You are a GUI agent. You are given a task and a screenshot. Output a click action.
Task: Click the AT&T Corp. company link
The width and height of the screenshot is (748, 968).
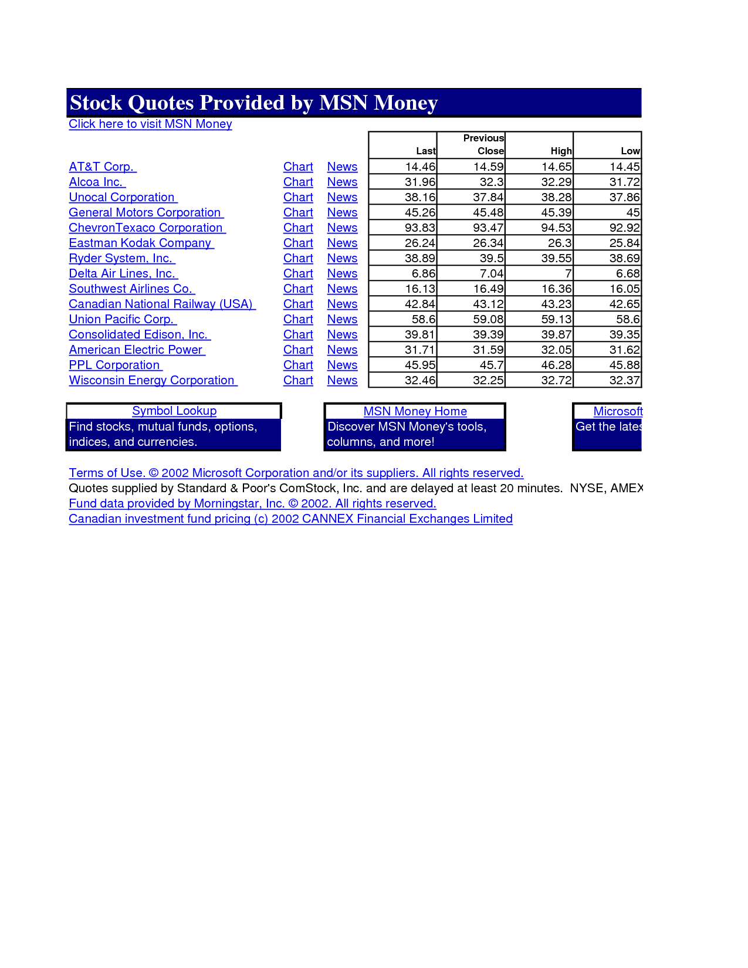[101, 167]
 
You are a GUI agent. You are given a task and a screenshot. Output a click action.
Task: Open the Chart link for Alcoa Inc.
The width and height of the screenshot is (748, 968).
[298, 182]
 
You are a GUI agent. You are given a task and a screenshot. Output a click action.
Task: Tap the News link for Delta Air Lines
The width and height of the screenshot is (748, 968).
[342, 274]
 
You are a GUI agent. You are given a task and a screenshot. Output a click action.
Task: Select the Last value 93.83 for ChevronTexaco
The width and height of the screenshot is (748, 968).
[419, 228]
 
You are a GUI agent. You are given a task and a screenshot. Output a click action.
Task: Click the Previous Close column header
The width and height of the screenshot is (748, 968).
[483, 144]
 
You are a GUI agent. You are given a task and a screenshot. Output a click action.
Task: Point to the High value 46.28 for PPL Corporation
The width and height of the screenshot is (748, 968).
[556, 365]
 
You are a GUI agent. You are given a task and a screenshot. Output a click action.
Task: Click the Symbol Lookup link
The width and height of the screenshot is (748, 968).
[174, 411]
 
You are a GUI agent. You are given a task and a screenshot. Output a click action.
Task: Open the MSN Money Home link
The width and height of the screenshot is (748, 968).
[415, 412]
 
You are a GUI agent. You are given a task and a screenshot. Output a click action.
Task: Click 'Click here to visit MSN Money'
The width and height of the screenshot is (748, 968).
[150, 124]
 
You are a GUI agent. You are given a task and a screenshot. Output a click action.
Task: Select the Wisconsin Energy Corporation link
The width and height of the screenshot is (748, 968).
[152, 381]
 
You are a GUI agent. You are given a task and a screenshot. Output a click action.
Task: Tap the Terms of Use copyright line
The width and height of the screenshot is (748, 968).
[296, 473]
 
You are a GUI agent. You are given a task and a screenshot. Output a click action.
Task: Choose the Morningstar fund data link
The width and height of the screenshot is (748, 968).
[252, 504]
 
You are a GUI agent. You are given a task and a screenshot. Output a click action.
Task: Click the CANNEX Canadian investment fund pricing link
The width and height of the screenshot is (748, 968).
[290, 519]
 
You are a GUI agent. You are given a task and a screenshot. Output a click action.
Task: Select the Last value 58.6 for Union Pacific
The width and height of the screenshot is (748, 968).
[423, 320]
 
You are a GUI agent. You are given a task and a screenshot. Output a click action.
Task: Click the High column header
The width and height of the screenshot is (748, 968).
[561, 151]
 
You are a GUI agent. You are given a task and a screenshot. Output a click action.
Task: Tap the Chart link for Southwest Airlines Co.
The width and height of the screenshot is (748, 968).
[298, 289]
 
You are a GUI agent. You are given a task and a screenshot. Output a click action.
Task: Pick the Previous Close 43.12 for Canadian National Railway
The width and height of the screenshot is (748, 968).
[488, 304]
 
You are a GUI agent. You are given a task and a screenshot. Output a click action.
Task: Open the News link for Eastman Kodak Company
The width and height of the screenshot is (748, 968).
[342, 243]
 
